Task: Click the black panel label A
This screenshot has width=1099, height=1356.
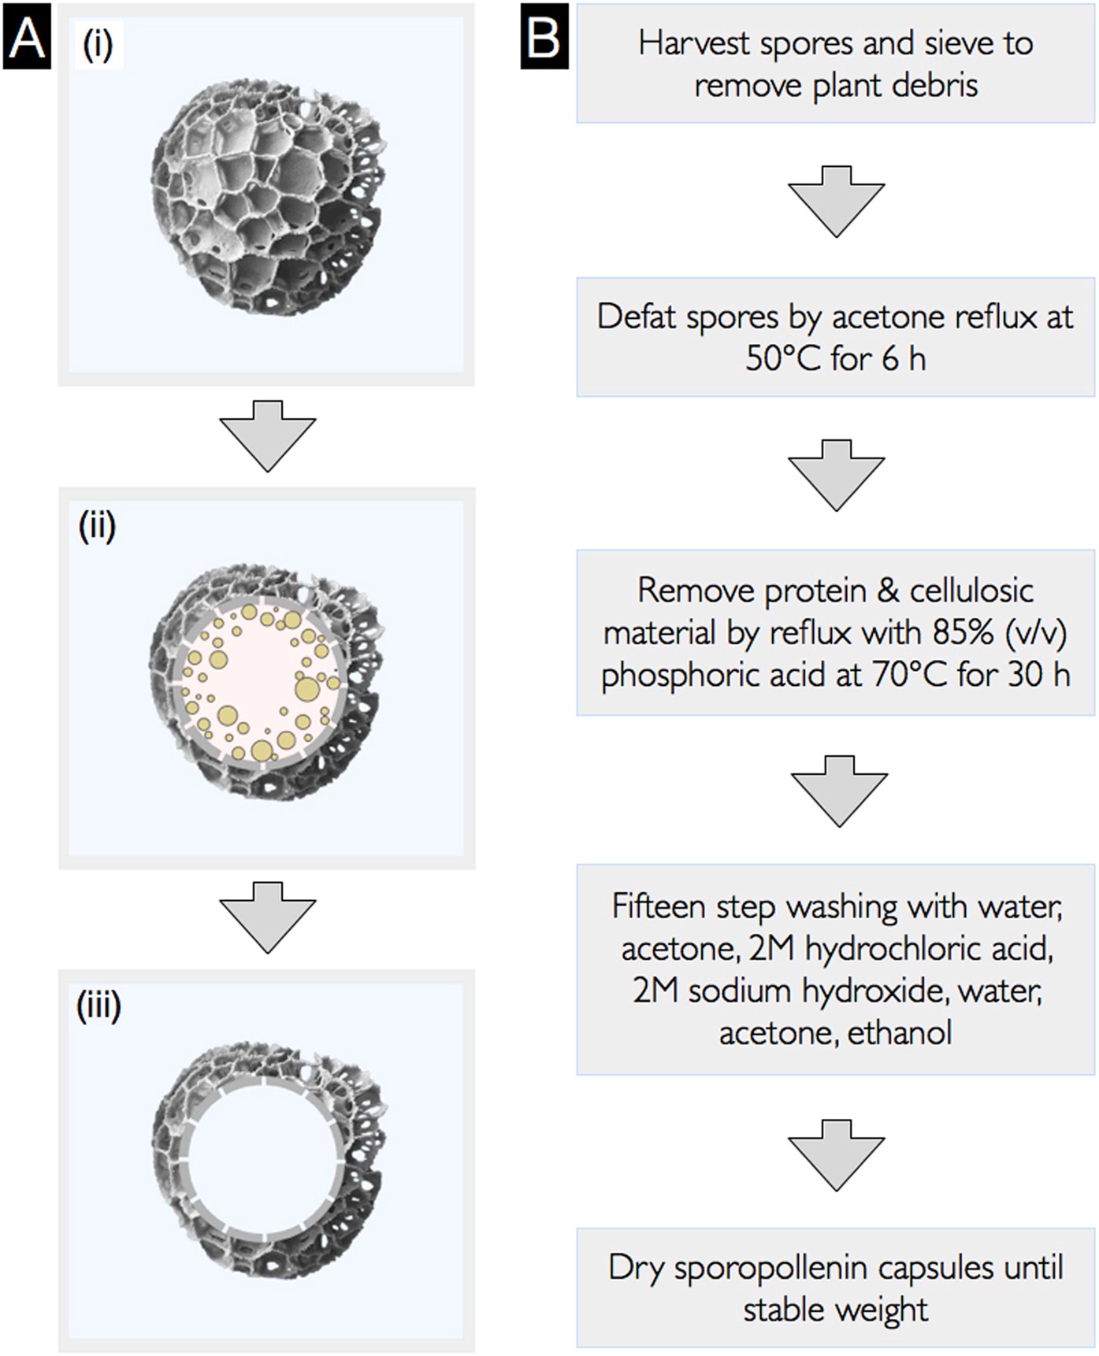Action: (27, 36)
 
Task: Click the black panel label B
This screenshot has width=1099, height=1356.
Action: (544, 36)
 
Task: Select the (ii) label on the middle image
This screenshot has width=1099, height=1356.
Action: (98, 525)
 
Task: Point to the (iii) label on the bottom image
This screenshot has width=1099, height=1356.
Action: (98, 1006)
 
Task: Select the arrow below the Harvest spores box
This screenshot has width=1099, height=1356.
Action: (836, 200)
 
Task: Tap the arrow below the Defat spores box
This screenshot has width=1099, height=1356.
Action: (836, 474)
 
